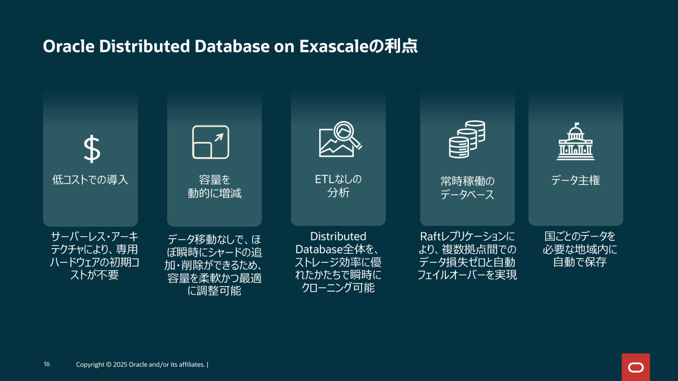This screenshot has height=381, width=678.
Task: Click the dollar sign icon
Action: (92, 149)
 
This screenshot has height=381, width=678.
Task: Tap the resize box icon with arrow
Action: (211, 142)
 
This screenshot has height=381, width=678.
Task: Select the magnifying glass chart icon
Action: (340, 139)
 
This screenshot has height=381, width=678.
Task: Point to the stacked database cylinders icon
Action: (467, 139)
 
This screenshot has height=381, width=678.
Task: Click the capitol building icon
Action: (575, 141)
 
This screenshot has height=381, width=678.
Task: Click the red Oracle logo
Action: (636, 367)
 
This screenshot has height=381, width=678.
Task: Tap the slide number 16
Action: (46, 364)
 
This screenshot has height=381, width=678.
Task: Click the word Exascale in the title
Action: (334, 46)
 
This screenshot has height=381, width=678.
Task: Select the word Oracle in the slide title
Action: (69, 46)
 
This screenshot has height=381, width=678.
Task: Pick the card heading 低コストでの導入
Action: (90, 180)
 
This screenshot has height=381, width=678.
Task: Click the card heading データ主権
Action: (575, 180)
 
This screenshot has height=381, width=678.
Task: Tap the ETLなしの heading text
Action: (338, 179)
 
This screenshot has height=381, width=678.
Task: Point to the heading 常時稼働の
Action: (467, 181)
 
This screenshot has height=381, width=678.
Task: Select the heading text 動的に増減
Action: (214, 193)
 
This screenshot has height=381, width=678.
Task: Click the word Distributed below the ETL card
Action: (338, 236)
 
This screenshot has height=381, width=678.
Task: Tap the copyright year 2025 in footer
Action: (120, 365)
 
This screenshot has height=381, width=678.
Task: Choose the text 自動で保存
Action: (580, 262)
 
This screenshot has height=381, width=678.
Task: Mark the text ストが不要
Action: (94, 275)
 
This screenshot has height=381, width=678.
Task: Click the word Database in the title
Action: (232, 46)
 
